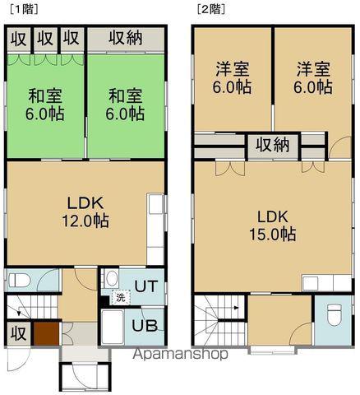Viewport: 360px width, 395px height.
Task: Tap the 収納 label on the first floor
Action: click(127, 38)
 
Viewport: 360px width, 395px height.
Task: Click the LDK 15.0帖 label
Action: click(275, 225)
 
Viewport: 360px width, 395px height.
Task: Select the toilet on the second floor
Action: click(334, 315)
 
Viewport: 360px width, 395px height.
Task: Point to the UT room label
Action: click(145, 286)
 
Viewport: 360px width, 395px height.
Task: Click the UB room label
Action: click(145, 324)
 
